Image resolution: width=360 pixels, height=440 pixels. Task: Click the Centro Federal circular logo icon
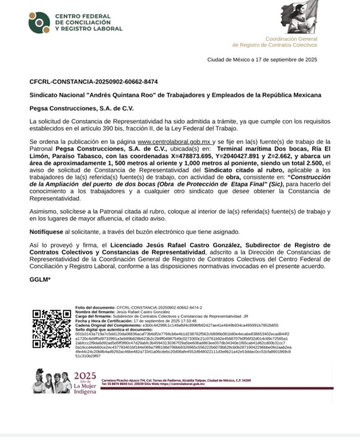pyautogui.click(x=39, y=22)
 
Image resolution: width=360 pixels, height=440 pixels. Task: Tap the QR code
pyautogui.click(x=52, y=329)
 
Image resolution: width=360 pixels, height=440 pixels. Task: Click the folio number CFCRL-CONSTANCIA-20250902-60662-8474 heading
pyautogui.click(x=94, y=82)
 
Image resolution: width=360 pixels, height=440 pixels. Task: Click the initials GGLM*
pyautogui.click(x=40, y=280)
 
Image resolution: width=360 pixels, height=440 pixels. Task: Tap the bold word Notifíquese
pyautogui.click(x=46, y=232)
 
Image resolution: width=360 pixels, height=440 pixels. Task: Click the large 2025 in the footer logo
pyautogui.click(x=85, y=376)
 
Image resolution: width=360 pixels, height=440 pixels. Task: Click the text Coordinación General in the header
pyautogui.click(x=291, y=39)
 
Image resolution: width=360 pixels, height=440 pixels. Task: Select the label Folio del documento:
pyautogui.click(x=95, y=308)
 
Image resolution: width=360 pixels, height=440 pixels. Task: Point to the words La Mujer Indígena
pyautogui.click(x=85, y=388)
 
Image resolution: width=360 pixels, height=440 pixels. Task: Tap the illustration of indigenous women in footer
pyautogui.click(x=51, y=381)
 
